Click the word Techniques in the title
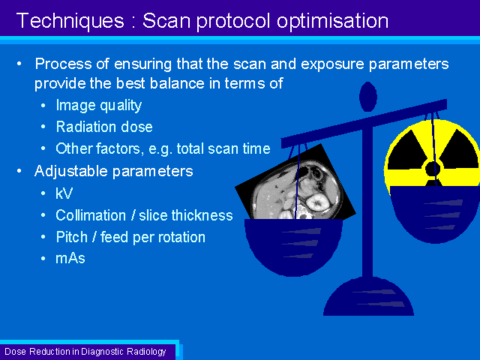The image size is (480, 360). (x=70, y=21)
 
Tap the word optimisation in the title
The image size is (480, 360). (x=332, y=22)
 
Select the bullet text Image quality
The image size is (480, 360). (x=98, y=106)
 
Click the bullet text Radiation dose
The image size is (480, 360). (x=104, y=127)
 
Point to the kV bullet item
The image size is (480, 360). (x=64, y=193)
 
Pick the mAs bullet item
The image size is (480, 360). (x=70, y=258)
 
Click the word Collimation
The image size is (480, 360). (x=91, y=215)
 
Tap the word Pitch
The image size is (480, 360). (x=72, y=237)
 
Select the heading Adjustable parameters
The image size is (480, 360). (x=113, y=171)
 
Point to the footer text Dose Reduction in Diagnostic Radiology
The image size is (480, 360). (x=85, y=352)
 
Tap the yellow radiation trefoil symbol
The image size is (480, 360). (x=433, y=156)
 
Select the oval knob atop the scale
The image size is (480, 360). (x=368, y=97)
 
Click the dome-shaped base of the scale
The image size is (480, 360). (x=368, y=296)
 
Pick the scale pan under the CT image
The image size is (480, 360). (x=293, y=247)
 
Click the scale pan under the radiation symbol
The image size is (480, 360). (x=435, y=214)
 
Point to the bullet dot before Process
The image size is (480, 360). (x=19, y=64)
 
